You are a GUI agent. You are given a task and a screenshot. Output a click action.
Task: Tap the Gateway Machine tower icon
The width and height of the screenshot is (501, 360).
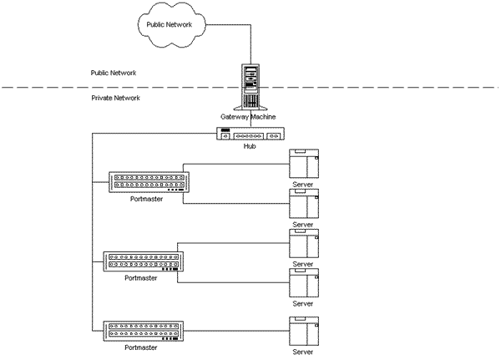[252, 87]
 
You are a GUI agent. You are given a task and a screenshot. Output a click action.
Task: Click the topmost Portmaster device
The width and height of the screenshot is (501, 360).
[147, 182]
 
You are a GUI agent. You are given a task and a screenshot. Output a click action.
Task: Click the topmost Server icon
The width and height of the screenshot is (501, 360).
[302, 163]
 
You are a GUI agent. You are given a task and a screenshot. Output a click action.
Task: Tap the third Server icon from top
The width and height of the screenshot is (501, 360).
[302, 243]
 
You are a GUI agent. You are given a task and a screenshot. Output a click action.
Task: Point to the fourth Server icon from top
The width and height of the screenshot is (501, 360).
[302, 284]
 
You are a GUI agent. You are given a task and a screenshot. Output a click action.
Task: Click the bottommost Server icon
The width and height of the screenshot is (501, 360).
[302, 331]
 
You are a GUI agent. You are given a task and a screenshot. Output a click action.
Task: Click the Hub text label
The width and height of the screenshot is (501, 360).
[249, 146]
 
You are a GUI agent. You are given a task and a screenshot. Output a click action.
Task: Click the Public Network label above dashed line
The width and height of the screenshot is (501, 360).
[114, 74]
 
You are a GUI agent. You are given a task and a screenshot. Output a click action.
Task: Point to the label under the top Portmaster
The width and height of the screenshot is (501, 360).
[146, 200]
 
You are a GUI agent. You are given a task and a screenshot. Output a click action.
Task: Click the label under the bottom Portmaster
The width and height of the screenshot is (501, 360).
[140, 347]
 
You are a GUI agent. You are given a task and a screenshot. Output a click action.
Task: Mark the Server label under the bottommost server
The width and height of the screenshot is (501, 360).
[302, 352]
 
